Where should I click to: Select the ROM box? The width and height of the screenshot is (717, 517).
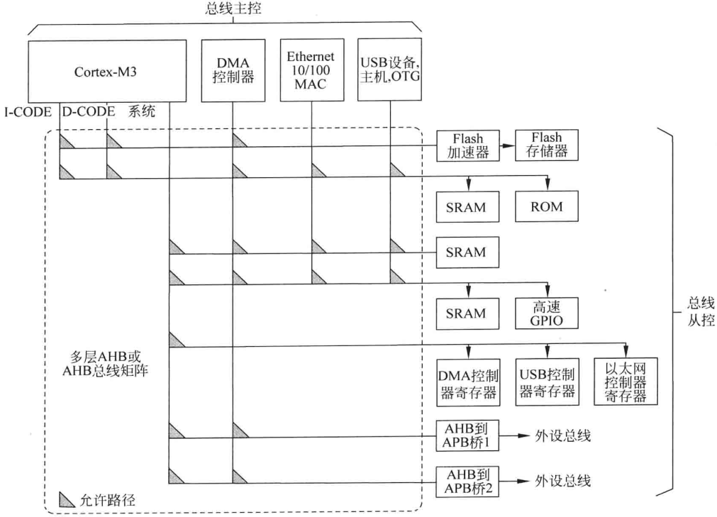tap(546, 206)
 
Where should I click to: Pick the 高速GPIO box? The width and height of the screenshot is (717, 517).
tap(546, 313)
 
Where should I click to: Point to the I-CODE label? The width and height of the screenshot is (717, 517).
tap(30, 111)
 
